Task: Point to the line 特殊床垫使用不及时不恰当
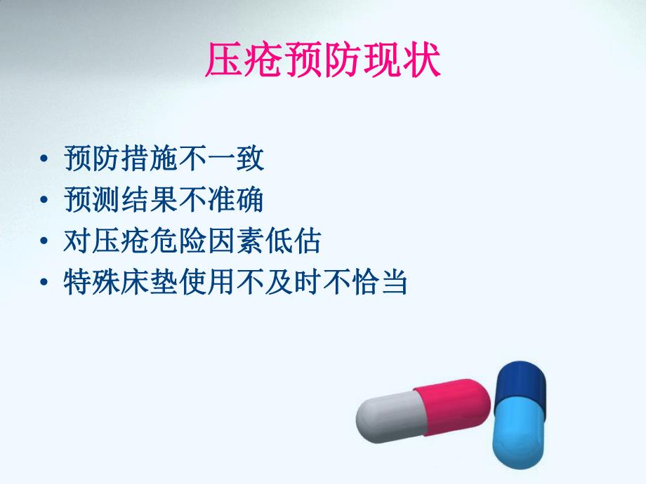point(235,283)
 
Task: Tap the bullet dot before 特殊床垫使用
point(46,285)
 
